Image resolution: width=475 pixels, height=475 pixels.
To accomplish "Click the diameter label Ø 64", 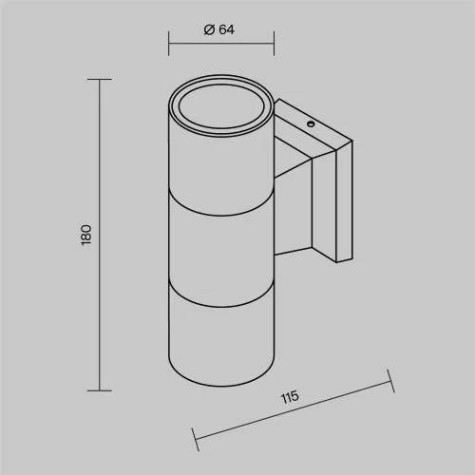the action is [219, 29].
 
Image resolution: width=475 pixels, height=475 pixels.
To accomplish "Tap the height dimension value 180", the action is [86, 235].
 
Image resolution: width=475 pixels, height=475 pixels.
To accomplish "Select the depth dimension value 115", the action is [290, 397].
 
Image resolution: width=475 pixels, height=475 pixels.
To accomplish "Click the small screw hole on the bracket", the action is [311, 124].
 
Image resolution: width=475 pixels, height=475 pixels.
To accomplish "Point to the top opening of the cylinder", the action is [220, 105].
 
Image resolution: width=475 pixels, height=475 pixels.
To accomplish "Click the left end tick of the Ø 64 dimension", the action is [168, 44].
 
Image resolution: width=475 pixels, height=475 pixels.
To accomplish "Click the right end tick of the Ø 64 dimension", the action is [274, 44].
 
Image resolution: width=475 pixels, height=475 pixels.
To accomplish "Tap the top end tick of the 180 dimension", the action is [100, 79].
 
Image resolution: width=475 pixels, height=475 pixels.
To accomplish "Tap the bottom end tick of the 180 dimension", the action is [100, 390].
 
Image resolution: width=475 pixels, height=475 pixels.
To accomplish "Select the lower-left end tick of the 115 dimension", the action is [196, 439].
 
